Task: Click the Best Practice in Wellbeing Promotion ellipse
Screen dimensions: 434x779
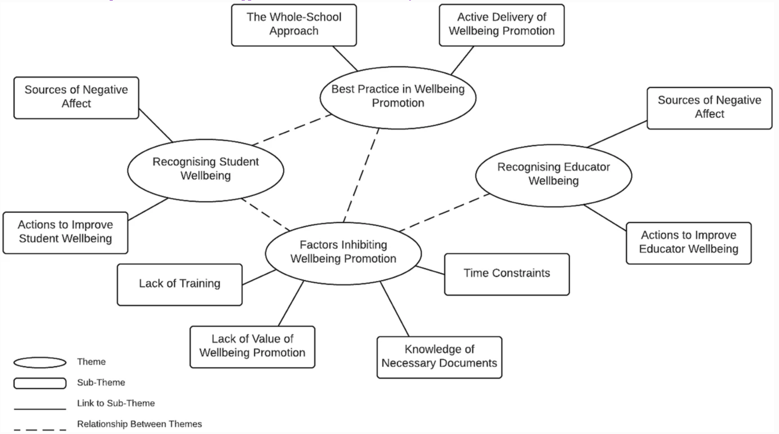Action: pos(398,97)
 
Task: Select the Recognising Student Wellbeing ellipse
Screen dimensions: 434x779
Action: pos(205,170)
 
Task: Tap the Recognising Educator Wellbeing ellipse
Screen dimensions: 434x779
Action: pos(553,175)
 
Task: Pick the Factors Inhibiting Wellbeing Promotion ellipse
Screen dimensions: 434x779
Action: pos(343,253)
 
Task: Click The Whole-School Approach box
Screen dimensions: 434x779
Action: pos(294,25)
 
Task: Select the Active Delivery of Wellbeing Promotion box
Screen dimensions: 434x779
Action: pos(501,25)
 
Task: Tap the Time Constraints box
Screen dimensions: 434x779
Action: pos(507,274)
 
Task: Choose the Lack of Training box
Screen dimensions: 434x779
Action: pos(179,285)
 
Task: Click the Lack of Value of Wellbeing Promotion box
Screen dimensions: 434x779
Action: pos(252,347)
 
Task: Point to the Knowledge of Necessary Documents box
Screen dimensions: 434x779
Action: pos(439,357)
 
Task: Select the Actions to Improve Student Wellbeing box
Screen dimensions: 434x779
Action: pos(65,233)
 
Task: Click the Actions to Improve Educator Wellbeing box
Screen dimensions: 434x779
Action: pos(688,243)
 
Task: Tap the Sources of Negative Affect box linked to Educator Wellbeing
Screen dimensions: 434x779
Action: pos(709,108)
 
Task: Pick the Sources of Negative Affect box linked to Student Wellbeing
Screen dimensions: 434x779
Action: pos(76,98)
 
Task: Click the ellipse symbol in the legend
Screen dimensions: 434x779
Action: pos(40,362)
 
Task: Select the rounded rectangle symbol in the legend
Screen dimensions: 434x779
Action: pos(40,383)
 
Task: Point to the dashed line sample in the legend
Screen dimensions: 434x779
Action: pos(40,430)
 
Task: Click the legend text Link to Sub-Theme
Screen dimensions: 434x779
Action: pos(116,403)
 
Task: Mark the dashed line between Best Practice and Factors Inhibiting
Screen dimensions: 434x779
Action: pos(361,175)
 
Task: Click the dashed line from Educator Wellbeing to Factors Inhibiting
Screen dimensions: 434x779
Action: pos(444,212)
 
